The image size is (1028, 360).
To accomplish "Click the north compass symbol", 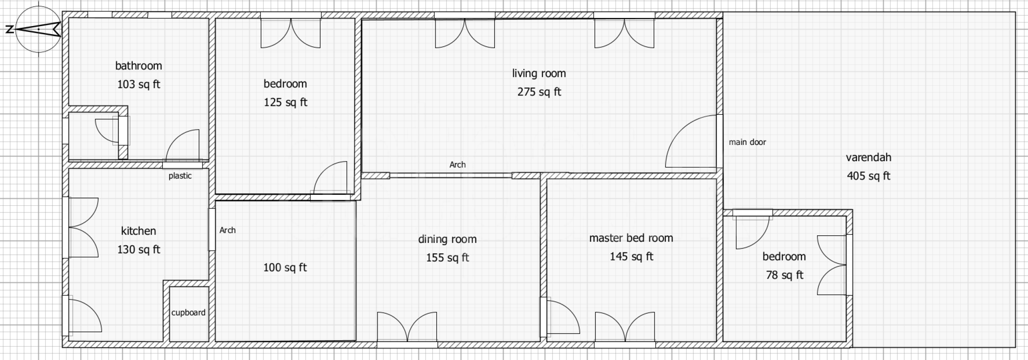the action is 38,30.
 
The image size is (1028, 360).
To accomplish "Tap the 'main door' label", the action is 747,142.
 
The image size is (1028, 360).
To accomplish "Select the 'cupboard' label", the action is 188,313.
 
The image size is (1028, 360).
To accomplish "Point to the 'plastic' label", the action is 180,176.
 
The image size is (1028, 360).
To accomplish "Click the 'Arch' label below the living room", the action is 458,165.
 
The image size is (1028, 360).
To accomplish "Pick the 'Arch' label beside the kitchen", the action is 228,230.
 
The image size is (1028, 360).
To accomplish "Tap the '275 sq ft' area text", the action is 539,92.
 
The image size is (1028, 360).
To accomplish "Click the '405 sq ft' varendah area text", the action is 868,176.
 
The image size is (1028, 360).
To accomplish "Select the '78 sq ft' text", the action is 784,275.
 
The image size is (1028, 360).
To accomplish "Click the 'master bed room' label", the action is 631,238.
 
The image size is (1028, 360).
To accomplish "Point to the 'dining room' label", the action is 447,239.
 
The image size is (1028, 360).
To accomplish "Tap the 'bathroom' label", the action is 139,66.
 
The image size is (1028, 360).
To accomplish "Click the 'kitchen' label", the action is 139,231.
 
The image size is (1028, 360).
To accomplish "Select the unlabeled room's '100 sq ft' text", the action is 285,268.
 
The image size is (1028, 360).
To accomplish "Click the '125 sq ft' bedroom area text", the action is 285,103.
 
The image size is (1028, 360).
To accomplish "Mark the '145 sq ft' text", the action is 631,257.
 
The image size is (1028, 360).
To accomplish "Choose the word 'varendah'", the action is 868,157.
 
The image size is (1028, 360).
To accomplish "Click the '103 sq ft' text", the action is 139,85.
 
